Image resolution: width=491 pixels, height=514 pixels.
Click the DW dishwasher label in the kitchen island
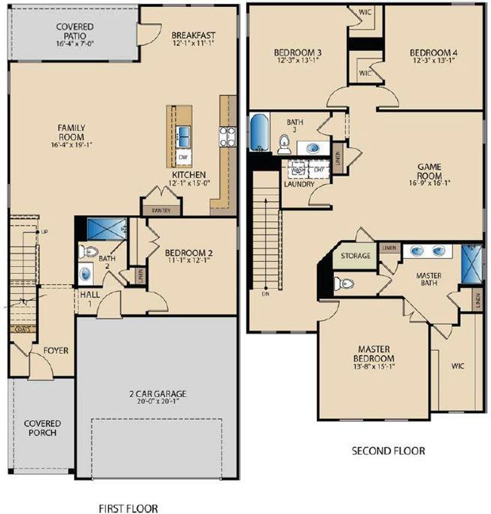183,157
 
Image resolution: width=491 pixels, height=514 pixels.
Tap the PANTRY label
161,211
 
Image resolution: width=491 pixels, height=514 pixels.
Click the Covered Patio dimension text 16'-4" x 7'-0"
75,44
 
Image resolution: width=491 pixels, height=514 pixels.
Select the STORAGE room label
356,256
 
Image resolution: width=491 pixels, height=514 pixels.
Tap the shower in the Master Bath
471,265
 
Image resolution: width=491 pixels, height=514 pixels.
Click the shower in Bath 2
107,229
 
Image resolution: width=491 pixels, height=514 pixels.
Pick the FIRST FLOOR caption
128,509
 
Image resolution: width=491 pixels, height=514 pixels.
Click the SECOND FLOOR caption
388,451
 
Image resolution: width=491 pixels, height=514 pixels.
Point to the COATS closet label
23,329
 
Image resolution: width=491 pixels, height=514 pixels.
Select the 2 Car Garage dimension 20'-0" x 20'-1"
157,401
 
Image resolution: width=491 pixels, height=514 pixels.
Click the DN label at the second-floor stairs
265,294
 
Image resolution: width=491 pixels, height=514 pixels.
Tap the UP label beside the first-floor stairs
44,232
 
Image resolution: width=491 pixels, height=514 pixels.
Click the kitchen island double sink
183,137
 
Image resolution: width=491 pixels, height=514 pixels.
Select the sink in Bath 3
314,147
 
